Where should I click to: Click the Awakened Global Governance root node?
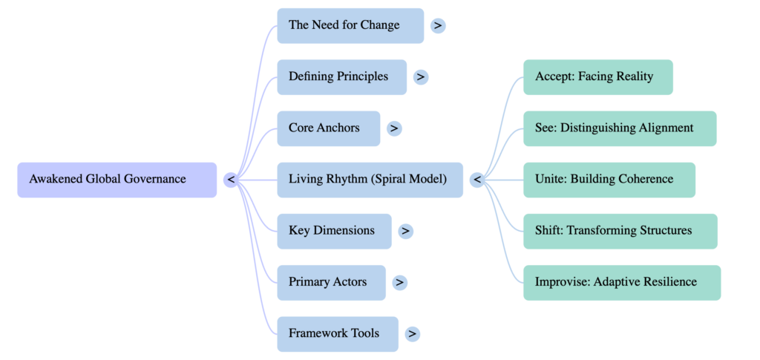click(x=117, y=180)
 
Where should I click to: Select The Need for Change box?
click(x=350, y=26)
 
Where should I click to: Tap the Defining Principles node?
click(x=341, y=77)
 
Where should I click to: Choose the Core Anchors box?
click(x=328, y=128)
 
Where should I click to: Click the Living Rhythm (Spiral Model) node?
click(x=370, y=180)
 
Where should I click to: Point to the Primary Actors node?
click(x=331, y=282)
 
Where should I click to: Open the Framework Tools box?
click(x=337, y=333)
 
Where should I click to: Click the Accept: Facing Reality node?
click(x=597, y=77)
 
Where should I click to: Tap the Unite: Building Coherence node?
click(x=609, y=180)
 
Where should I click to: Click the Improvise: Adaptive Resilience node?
click(x=621, y=282)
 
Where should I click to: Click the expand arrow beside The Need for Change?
click(x=438, y=26)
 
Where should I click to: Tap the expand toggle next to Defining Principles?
click(x=421, y=77)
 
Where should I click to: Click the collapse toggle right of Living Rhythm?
click(x=477, y=180)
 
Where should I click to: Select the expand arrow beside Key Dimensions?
click(x=405, y=231)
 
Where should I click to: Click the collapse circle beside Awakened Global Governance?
click(x=231, y=180)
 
